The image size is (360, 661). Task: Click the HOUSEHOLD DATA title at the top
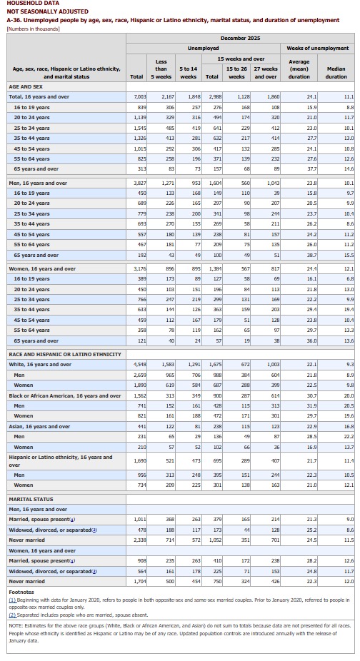(x=26, y=4)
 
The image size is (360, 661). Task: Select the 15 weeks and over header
(x=241, y=58)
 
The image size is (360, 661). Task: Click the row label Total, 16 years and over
(x=39, y=96)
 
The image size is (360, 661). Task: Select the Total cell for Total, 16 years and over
(x=139, y=96)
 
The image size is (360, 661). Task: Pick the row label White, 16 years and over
(x=40, y=364)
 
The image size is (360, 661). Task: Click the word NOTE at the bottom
(x=16, y=625)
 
